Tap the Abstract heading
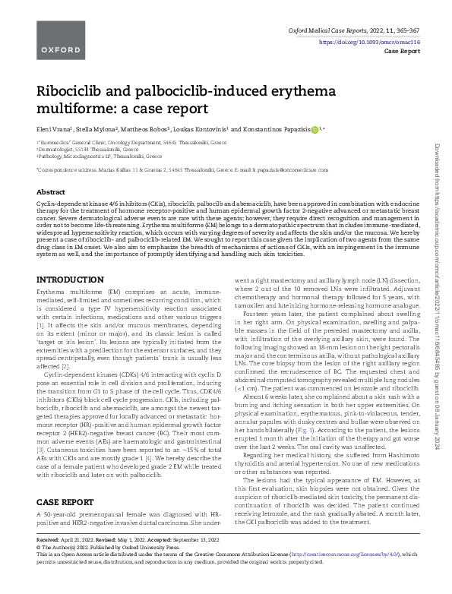tap(51, 193)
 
